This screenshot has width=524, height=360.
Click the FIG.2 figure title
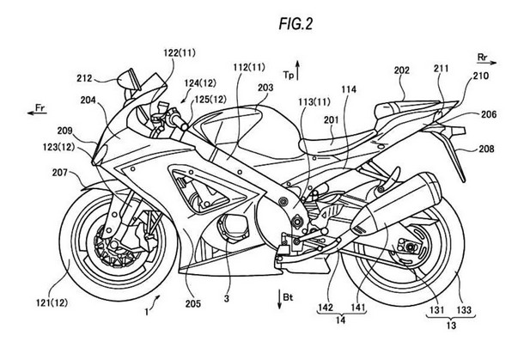[x=296, y=24]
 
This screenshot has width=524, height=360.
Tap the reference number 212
[x=84, y=78]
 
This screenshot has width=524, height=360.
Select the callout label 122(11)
[x=180, y=52]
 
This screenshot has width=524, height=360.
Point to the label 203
[x=265, y=88]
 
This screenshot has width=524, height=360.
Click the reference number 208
[x=486, y=149]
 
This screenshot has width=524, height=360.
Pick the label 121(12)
[x=52, y=302]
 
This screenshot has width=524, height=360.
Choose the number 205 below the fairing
[x=192, y=304]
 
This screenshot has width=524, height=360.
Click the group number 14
[x=340, y=320]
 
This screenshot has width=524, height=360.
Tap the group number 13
[x=451, y=325]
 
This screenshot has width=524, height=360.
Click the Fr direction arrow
[x=37, y=113]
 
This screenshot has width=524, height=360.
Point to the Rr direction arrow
[x=487, y=63]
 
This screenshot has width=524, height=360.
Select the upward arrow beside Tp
[x=297, y=70]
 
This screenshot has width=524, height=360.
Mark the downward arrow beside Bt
[x=279, y=299]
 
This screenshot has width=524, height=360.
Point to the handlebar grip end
[x=184, y=126]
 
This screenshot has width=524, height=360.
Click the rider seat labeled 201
[x=338, y=140]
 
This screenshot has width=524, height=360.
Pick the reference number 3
[x=227, y=298]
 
